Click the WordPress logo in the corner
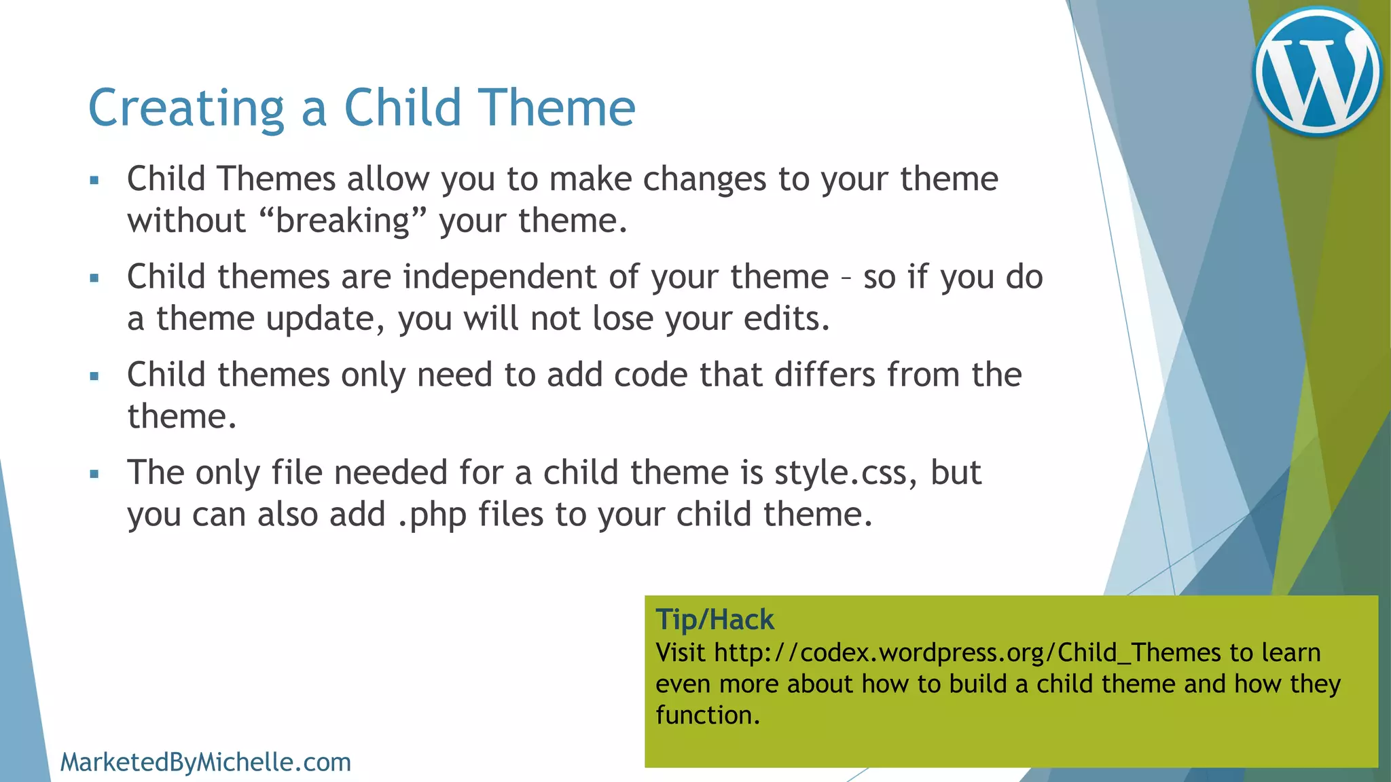coord(1317,71)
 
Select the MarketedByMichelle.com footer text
coord(205,762)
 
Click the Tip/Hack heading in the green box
coord(715,620)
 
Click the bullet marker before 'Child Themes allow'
coord(94,181)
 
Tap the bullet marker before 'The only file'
coord(94,474)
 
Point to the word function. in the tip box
coord(707,715)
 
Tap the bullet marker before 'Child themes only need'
coord(94,376)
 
